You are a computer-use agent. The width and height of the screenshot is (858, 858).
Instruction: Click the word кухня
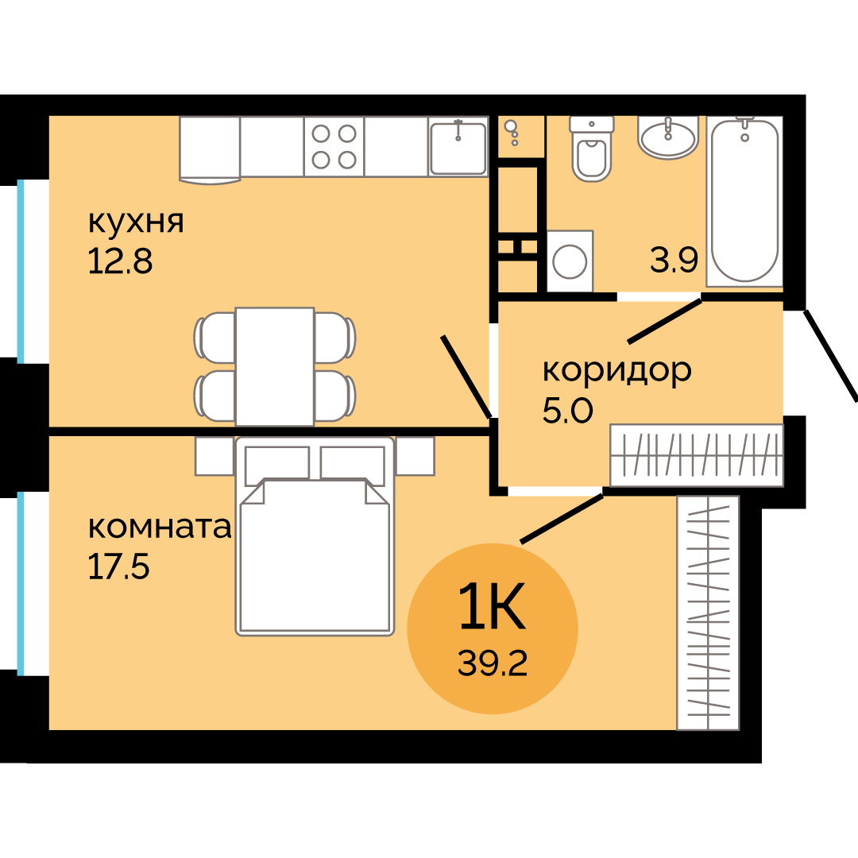[135, 222]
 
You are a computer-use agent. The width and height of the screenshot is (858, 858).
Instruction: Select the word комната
[159, 528]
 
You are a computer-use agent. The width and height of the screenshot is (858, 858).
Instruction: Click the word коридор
[616, 370]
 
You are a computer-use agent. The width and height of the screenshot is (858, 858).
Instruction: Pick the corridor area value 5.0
[567, 411]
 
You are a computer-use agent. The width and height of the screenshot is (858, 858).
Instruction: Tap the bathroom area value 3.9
[674, 261]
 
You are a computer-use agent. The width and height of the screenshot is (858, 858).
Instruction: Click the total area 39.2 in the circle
[492, 663]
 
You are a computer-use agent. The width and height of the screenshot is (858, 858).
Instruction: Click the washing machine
[570, 261]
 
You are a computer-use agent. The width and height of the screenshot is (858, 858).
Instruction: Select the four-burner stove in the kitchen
[334, 147]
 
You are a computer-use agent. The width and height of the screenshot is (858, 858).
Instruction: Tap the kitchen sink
[458, 147]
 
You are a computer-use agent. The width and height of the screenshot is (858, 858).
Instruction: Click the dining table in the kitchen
[275, 366]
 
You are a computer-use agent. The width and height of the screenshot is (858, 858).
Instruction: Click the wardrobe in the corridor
[697, 455]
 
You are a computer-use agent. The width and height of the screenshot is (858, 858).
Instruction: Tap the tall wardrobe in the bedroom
[708, 613]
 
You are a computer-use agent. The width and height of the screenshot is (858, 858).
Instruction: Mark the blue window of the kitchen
[21, 270]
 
